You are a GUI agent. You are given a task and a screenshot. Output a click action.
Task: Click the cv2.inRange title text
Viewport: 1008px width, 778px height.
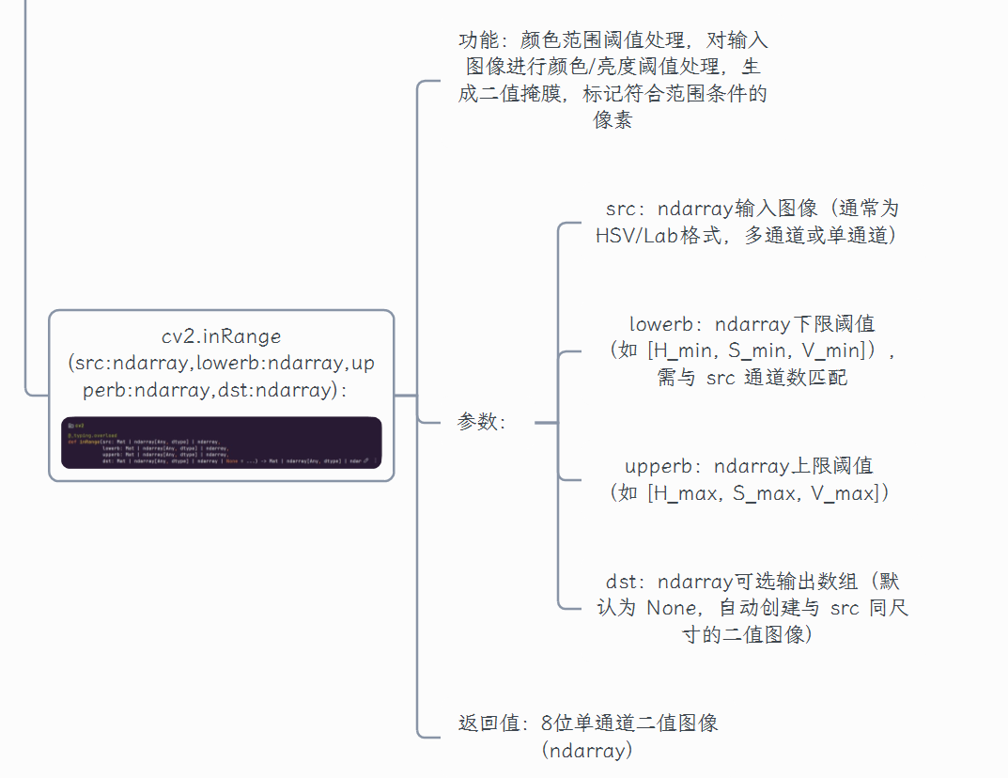click(221, 336)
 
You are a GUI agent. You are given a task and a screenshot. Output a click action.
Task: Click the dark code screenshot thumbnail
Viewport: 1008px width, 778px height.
click(222, 443)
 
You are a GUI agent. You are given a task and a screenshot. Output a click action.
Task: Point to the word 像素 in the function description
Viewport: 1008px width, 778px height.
click(613, 120)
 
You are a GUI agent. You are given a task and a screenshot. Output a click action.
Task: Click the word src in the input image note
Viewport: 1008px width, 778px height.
click(621, 209)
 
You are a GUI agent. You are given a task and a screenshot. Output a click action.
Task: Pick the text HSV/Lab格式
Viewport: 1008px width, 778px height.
click(663, 235)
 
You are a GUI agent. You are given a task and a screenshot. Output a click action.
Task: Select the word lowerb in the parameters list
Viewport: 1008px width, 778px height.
click(660, 325)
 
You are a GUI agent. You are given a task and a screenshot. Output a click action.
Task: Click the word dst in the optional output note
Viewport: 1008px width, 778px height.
click(623, 583)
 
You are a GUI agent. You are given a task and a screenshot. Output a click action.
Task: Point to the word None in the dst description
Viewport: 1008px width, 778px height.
click(672, 609)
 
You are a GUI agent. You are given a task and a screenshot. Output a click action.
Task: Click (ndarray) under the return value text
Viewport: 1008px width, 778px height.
click(587, 750)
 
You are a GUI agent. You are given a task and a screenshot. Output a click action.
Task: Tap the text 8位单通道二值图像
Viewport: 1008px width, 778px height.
click(629, 724)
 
